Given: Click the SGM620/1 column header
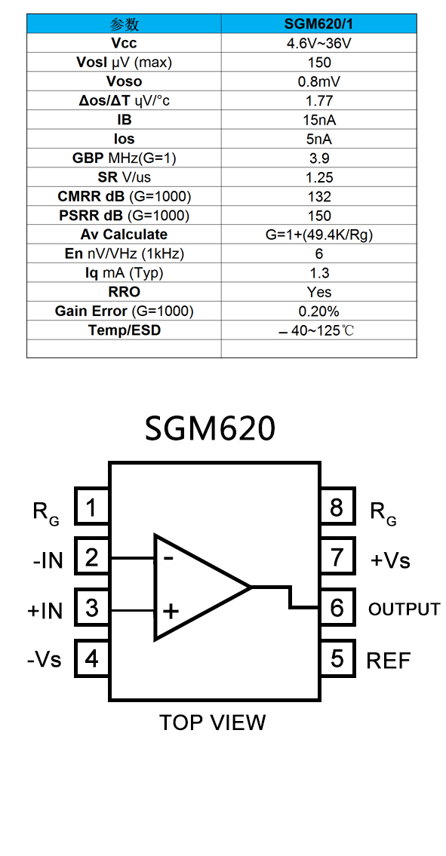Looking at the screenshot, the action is pyautogui.click(x=318, y=24).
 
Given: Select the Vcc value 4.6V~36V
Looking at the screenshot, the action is pyautogui.click(x=318, y=43).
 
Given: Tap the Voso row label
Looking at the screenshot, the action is pyautogui.click(x=124, y=81).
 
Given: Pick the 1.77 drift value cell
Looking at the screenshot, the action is pyautogui.click(x=318, y=100).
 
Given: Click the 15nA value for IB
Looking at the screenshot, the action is pyautogui.click(x=318, y=120).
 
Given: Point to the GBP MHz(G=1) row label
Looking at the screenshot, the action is pyautogui.click(x=124, y=158).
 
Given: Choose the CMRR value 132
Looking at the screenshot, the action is pyautogui.click(x=318, y=197).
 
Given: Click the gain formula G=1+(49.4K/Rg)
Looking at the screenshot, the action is pyautogui.click(x=318, y=235).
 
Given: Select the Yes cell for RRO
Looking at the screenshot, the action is pyautogui.click(x=318, y=292).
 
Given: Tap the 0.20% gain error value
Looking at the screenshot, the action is pyautogui.click(x=318, y=311).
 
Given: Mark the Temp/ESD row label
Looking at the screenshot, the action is pyautogui.click(x=124, y=330).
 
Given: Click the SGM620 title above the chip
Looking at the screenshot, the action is pyautogui.click(x=210, y=428).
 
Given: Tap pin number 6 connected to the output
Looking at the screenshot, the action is pyautogui.click(x=337, y=607).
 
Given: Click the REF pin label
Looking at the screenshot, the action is pyautogui.click(x=388, y=661).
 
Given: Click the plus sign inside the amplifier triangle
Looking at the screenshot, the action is pyautogui.click(x=171, y=610).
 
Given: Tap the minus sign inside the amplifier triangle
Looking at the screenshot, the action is pyautogui.click(x=169, y=558).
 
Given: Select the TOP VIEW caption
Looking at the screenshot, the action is pyautogui.click(x=212, y=723).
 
